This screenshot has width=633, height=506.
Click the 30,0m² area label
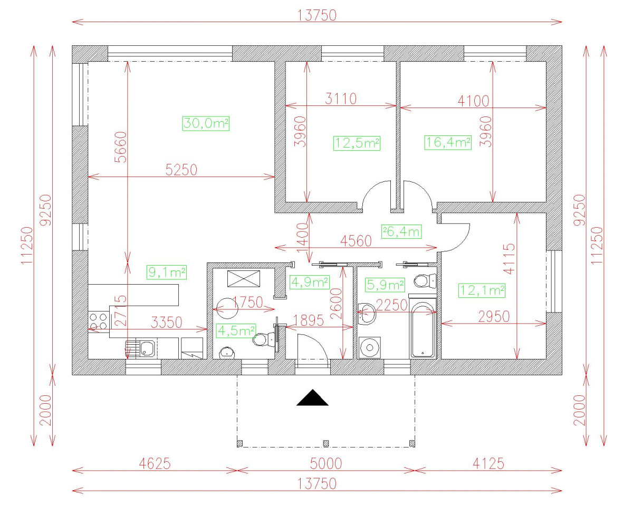[206, 123]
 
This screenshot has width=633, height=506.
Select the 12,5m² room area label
[357, 143]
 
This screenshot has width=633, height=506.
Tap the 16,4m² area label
[448, 142]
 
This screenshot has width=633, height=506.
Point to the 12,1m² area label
[482, 290]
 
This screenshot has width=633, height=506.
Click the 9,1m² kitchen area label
[167, 272]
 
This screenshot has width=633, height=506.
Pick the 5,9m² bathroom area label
[385, 285]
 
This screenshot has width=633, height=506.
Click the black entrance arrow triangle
[312, 397]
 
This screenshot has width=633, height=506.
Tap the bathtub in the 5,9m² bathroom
[423, 330]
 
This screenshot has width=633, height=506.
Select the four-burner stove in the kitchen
[98, 322]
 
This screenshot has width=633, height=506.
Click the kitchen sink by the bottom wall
[140, 349]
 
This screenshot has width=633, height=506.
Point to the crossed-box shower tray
[244, 278]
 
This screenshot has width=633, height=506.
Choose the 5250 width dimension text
[181, 170]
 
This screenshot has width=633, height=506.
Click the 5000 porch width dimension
[326, 464]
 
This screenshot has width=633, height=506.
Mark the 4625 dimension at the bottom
[155, 464]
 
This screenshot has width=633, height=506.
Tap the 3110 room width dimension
[341, 99]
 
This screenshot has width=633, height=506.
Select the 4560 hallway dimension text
[356, 241]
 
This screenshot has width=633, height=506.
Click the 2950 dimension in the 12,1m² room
[494, 317]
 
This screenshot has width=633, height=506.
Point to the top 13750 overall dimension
[317, 16]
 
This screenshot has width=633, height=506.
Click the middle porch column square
[325, 443]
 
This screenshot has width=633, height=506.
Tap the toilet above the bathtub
[425, 281]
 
